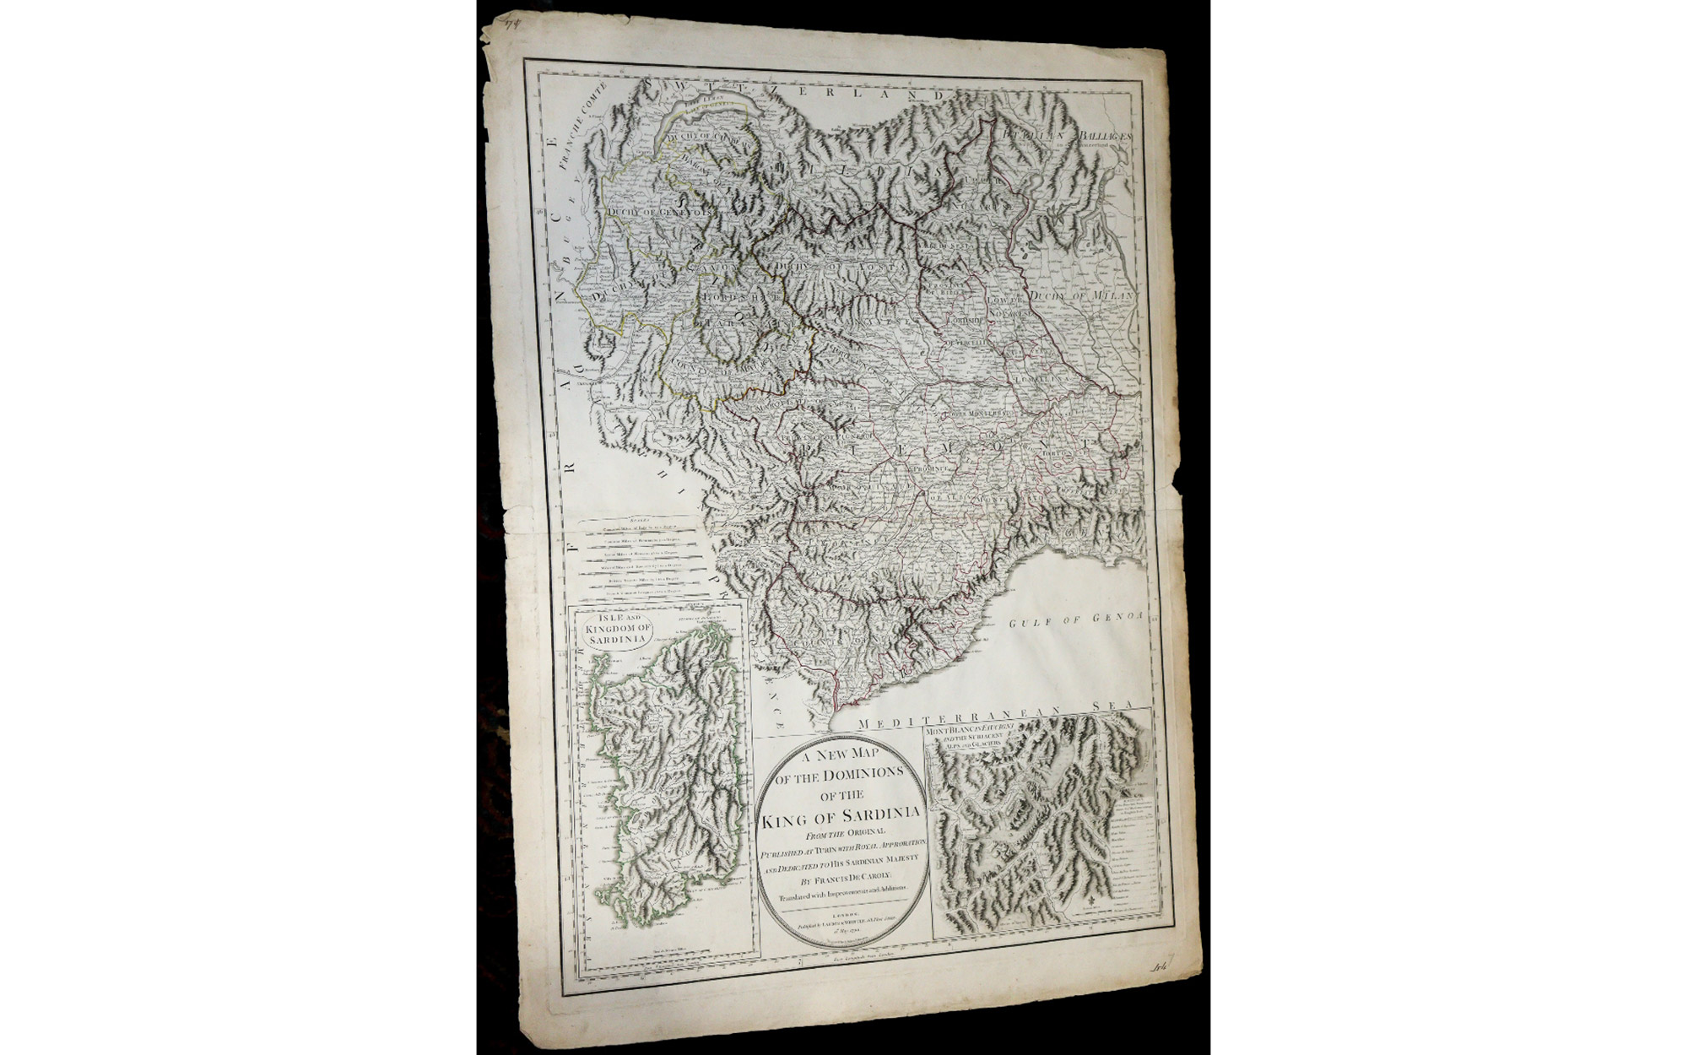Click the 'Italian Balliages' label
pos(1066,134)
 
